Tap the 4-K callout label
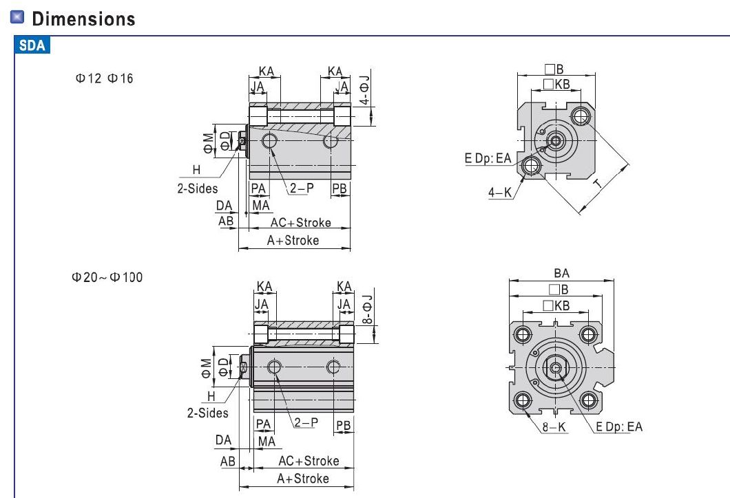[500, 193]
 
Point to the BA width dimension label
[561, 274]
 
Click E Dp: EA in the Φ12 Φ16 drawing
[488, 159]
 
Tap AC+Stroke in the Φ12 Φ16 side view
[300, 223]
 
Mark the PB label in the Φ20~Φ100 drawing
[343, 426]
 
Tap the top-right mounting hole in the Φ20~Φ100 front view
[588, 335]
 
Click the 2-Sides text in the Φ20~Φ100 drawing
[207, 413]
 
